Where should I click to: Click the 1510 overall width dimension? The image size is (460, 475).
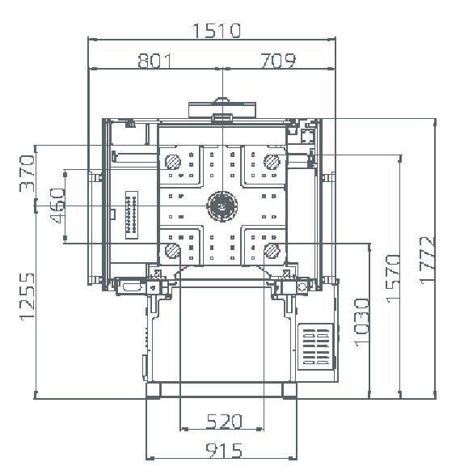tap(217, 30)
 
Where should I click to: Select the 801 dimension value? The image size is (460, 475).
tap(154, 61)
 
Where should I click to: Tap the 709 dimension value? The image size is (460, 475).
tap(278, 61)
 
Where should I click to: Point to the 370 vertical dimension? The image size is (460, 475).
tap(27, 173)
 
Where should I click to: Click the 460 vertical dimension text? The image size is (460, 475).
tap(57, 206)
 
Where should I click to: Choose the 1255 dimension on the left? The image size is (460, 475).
tap(27, 297)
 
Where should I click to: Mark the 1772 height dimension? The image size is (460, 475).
tap(427, 261)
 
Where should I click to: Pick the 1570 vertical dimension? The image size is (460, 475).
tap(393, 278)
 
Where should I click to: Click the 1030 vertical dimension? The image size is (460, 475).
tap(362, 322)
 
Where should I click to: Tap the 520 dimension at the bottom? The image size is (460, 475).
tap(224, 421)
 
